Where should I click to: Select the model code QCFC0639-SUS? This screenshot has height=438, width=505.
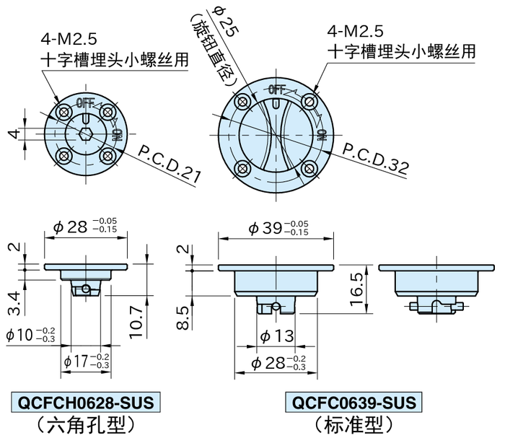click(x=352, y=401)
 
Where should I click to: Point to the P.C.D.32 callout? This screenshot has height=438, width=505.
click(x=374, y=159)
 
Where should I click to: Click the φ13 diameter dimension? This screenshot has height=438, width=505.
click(x=275, y=336)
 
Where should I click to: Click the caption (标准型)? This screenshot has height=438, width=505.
click(x=352, y=424)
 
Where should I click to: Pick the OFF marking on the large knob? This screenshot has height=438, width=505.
click(x=276, y=89)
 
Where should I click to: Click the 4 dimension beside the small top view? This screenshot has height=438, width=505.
click(x=12, y=134)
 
